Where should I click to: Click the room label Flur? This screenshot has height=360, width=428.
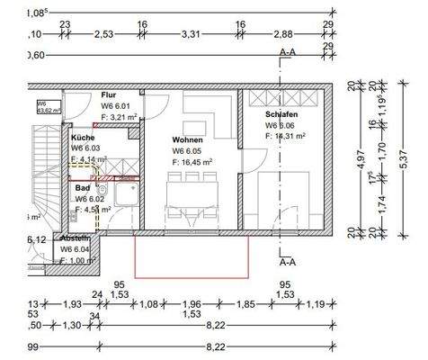click(109, 94)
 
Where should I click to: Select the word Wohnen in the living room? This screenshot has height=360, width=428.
click(187, 140)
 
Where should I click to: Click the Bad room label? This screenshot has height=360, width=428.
click(83, 188)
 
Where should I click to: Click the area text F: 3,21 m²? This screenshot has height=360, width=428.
click(120, 116)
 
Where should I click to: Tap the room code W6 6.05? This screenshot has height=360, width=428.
click(188, 151)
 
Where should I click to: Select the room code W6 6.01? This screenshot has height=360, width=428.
click(117, 105)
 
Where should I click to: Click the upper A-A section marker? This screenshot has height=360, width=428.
click(288, 52)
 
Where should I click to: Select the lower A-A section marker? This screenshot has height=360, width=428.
click(288, 263)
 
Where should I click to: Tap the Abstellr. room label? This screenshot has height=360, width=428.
click(76, 238)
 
